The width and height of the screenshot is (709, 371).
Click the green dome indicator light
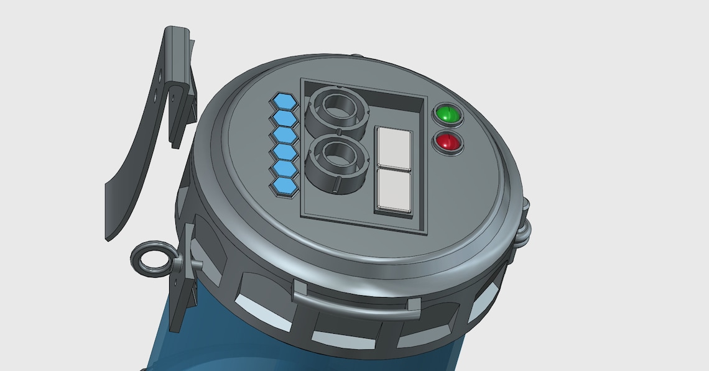(x=447, y=114)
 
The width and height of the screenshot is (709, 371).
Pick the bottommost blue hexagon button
(x=285, y=185)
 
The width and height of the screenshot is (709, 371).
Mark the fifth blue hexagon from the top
(x=284, y=168)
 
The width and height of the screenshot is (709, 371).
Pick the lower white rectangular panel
(x=393, y=190)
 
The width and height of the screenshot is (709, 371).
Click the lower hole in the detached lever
(x=154, y=96)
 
